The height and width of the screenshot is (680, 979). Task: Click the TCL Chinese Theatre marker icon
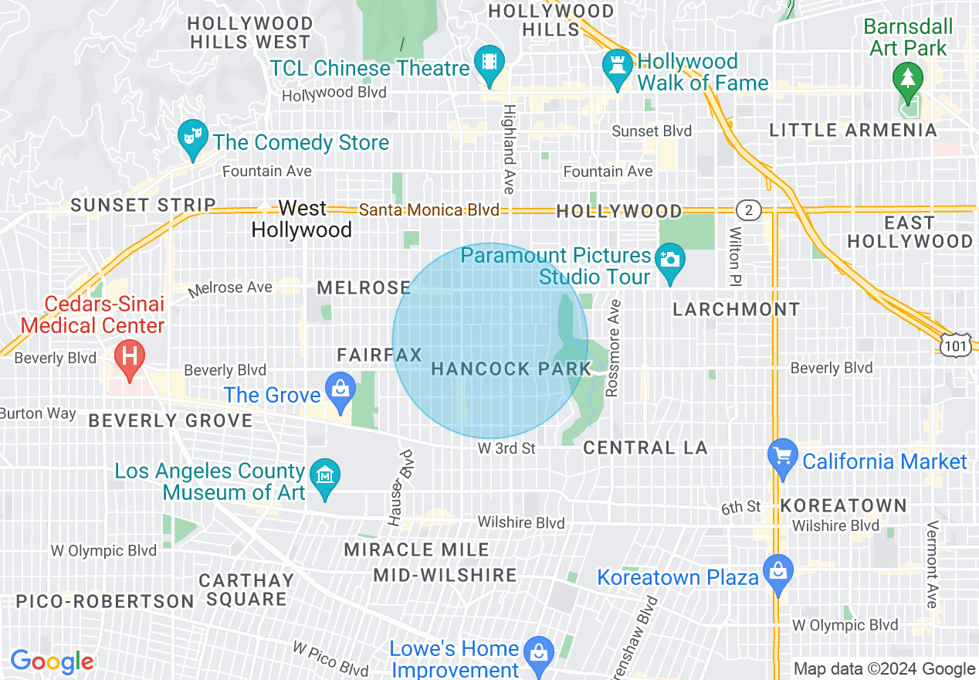pyautogui.click(x=489, y=61)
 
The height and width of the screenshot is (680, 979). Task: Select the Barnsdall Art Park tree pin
pyautogui.click(x=907, y=79)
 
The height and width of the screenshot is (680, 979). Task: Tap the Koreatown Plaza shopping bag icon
pyautogui.click(x=777, y=572)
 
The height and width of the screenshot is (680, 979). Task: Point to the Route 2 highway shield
pyautogui.click(x=748, y=210)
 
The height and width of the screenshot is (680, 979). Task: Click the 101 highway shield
pyautogui.click(x=956, y=346)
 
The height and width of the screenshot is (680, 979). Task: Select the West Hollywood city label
pyautogui.click(x=302, y=219)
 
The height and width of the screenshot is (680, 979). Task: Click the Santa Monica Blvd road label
pyautogui.click(x=429, y=210)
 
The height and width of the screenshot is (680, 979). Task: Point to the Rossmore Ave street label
pyautogui.click(x=614, y=348)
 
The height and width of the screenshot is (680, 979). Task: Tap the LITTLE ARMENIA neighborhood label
pyautogui.click(x=853, y=131)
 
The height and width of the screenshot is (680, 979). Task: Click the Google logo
pyautogui.click(x=52, y=662)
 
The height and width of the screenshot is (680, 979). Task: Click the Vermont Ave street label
pyautogui.click(x=932, y=564)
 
